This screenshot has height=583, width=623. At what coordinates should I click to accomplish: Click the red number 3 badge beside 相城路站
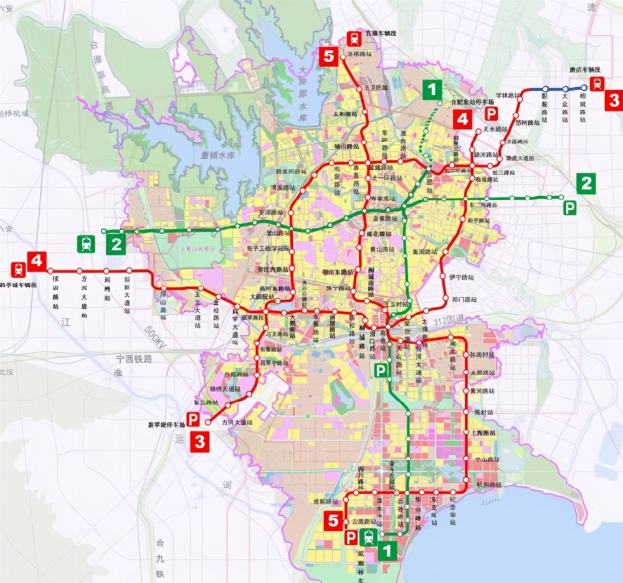(x=613, y=100)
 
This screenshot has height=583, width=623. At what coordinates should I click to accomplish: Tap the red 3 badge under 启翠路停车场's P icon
(x=199, y=441)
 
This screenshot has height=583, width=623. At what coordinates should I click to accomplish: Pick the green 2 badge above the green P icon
(x=585, y=183)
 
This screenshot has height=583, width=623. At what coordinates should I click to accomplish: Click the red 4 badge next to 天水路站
(x=462, y=118)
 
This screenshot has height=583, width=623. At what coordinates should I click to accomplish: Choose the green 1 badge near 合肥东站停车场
(x=431, y=89)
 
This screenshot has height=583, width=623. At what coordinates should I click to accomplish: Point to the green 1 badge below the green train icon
(x=387, y=550)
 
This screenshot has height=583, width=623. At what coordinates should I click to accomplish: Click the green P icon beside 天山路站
(x=379, y=370)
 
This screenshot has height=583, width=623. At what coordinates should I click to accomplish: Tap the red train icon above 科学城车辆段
(x=17, y=270)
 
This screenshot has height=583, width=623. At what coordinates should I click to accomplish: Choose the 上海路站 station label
(x=483, y=433)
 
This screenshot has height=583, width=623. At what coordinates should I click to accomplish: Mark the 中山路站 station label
(x=488, y=460)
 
